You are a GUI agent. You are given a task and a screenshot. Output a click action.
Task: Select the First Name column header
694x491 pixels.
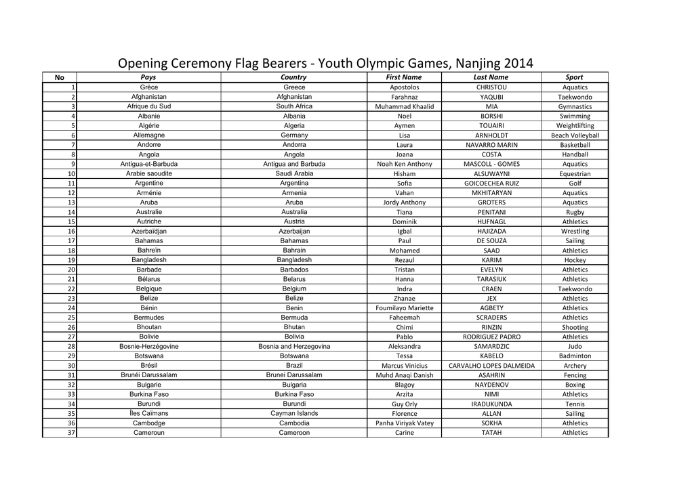(x=404, y=77)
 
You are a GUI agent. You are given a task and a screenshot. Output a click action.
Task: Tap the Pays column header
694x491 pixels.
(x=148, y=77)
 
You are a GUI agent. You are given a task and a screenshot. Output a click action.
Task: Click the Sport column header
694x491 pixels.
(x=575, y=77)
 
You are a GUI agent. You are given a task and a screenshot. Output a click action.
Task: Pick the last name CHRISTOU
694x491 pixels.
(x=491, y=87)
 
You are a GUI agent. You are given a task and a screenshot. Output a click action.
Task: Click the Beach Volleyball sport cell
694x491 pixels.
(x=575, y=135)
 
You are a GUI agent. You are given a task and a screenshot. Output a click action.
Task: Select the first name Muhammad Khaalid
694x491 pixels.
(x=404, y=106)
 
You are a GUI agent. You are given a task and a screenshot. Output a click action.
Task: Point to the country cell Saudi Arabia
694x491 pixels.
(x=294, y=173)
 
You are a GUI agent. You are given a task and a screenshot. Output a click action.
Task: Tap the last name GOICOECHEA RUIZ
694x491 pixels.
(x=491, y=183)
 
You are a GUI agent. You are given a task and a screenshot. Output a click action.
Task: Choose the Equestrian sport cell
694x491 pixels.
(x=575, y=173)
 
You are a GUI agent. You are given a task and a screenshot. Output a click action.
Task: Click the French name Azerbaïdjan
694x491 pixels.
(x=148, y=231)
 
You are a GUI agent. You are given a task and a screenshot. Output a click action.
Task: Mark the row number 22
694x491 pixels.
(x=71, y=289)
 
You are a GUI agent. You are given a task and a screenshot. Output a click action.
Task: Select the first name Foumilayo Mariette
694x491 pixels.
(x=404, y=307)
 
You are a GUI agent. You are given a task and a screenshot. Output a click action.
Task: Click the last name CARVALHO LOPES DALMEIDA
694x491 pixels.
(x=491, y=366)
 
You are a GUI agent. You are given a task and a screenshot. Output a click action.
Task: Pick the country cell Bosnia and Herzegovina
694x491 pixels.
(x=294, y=346)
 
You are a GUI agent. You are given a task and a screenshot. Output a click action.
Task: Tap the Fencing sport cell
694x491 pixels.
(x=575, y=375)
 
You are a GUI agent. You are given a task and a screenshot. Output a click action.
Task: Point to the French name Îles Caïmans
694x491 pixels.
(x=148, y=413)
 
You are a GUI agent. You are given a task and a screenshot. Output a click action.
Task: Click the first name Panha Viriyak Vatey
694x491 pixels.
(x=404, y=423)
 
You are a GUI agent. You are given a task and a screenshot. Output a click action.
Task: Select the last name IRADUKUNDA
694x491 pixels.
(x=491, y=404)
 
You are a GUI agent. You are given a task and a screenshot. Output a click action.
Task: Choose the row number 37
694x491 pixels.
(x=71, y=433)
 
